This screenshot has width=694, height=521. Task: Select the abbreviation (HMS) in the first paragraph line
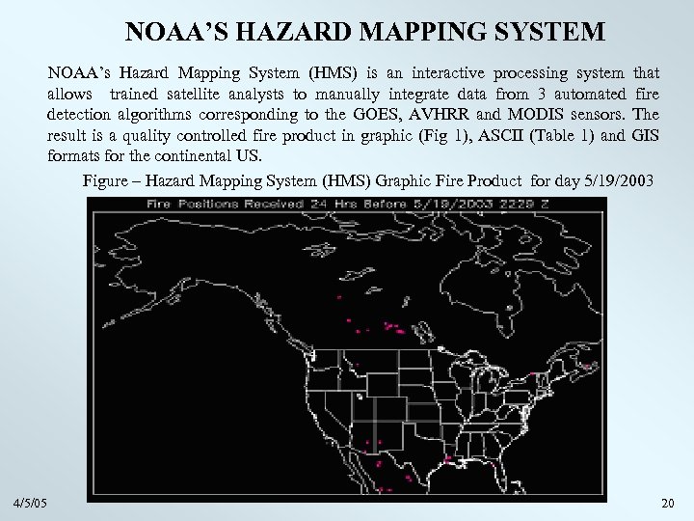[x=316, y=73]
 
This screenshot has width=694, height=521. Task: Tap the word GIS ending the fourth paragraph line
[x=645, y=135]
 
